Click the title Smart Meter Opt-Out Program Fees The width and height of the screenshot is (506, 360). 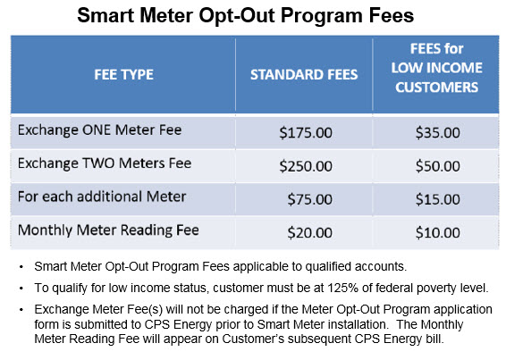[x=246, y=16]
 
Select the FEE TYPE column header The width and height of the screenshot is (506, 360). [x=124, y=74]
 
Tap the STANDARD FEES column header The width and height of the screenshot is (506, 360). [x=304, y=74]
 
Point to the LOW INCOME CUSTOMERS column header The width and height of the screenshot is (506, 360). [x=436, y=68]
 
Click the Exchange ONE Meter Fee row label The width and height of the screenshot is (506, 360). [x=100, y=130]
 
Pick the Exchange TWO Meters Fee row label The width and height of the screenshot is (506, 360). [x=105, y=163]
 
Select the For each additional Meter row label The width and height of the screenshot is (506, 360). [x=102, y=197]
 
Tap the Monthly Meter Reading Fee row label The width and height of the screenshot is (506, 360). [x=108, y=230]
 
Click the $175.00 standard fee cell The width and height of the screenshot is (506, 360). [x=306, y=132]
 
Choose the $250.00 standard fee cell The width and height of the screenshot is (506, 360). [x=306, y=166]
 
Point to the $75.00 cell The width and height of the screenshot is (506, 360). [x=310, y=199]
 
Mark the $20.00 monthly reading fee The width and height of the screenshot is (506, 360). [x=310, y=232]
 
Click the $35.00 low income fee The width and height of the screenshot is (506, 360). [x=437, y=132]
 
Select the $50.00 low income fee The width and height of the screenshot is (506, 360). [x=437, y=166]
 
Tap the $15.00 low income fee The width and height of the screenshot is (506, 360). [x=437, y=199]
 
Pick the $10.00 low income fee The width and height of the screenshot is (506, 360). [x=437, y=232]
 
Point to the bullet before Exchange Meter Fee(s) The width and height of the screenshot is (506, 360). [x=21, y=310]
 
